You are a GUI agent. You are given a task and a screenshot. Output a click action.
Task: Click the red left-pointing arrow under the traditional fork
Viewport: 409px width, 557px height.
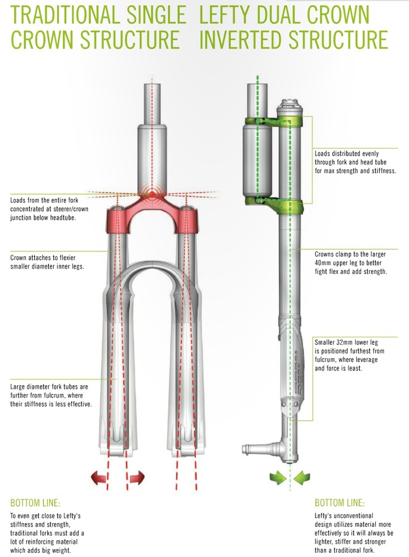tap(99, 478)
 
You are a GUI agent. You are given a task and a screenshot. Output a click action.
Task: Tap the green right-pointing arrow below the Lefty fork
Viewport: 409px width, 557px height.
tap(278, 478)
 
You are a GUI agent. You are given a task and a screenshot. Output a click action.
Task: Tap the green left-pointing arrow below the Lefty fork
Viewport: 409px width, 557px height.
tap(302, 478)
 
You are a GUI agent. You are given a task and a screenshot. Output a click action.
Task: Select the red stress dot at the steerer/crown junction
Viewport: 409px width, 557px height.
tap(152, 194)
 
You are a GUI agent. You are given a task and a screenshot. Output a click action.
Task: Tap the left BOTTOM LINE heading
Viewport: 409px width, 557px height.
tap(35, 503)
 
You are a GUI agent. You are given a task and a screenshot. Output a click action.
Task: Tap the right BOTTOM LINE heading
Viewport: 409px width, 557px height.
tap(339, 503)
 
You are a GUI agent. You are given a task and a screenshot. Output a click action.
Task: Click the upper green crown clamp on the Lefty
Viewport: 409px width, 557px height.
tap(274, 122)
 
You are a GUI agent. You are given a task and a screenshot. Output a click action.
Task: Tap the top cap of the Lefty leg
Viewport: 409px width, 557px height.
tap(290, 107)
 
